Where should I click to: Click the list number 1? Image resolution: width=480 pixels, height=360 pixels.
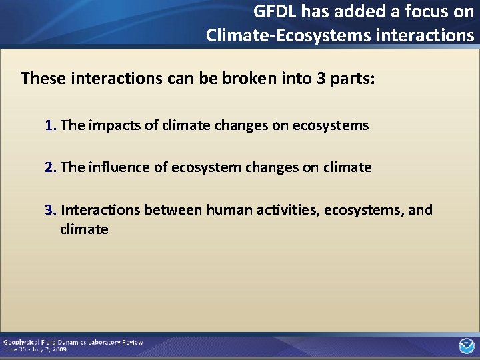pyautogui.click(x=50, y=125)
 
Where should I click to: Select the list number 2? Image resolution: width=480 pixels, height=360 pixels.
pyautogui.click(x=50, y=167)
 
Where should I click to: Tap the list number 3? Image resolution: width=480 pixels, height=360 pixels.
pyautogui.click(x=50, y=210)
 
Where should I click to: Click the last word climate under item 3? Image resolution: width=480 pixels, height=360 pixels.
pyautogui.click(x=83, y=229)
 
